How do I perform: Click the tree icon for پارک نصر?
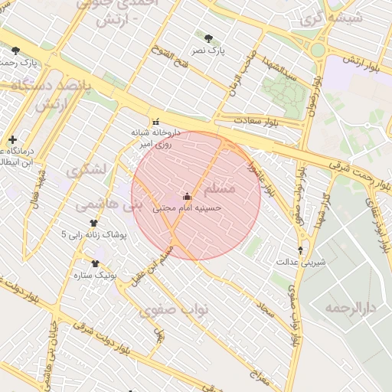tap(208, 37)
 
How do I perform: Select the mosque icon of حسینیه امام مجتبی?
tap(187, 196)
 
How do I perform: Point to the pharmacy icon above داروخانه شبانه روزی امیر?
tap(156, 120)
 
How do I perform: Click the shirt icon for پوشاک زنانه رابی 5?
tap(93, 224)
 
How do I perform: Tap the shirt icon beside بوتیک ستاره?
tap(95, 263)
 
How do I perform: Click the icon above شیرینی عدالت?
tap(300, 250)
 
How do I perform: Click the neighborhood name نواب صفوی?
tap(168, 310)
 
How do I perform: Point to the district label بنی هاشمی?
tap(100, 205)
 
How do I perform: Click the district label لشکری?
tap(84, 171)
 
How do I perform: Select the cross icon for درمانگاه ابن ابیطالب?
tap(12, 139)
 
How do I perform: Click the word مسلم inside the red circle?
tap(220, 188)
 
